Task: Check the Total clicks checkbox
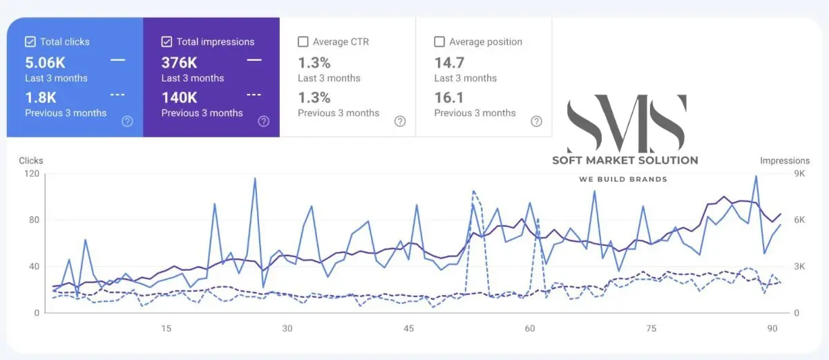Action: click(30, 41)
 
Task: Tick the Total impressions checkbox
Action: click(166, 41)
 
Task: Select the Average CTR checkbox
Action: click(303, 41)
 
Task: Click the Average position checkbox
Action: click(439, 41)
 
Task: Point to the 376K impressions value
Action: click(180, 62)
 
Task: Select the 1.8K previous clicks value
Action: click(41, 97)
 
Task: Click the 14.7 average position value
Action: click(448, 62)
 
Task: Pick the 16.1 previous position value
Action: click(448, 97)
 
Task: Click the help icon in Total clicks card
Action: click(127, 122)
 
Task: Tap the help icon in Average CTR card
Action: click(400, 122)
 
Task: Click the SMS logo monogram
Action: click(626, 124)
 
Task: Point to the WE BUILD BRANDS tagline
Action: click(623, 180)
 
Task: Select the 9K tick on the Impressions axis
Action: click(799, 173)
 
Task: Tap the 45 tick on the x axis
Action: click(409, 328)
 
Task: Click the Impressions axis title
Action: click(785, 160)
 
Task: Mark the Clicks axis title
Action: click(31, 160)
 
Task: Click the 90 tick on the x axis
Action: click(772, 328)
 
